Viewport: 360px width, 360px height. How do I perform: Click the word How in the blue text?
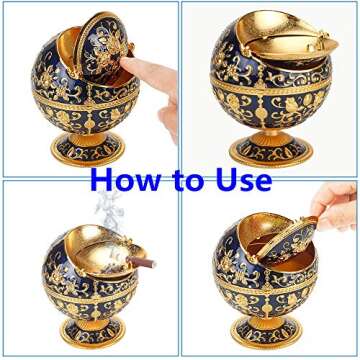(x=125, y=180)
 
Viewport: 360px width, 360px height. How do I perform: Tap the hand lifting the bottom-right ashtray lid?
(x=335, y=204)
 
